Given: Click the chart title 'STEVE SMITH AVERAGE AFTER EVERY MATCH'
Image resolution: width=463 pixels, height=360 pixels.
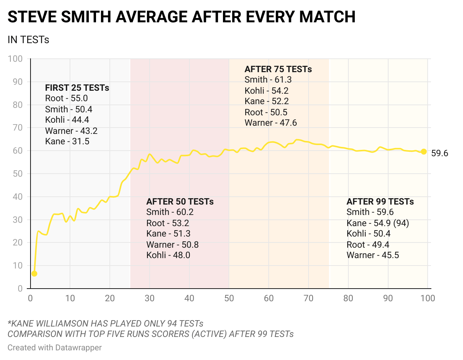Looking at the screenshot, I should tap(181, 17).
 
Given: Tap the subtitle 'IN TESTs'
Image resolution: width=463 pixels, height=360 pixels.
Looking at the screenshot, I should tap(28, 40).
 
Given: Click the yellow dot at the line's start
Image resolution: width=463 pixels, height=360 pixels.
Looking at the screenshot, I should tap(34, 274).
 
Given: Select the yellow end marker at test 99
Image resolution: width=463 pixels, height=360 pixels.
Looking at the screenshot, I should tap(424, 151).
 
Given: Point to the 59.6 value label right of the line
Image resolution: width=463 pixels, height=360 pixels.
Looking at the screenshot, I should tap(440, 153).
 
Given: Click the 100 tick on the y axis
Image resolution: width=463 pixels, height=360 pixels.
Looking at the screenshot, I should tap(15, 59).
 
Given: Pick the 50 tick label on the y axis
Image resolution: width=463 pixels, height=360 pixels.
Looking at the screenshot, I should tap(17, 174).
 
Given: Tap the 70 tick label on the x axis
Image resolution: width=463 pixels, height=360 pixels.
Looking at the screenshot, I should tap(309, 298).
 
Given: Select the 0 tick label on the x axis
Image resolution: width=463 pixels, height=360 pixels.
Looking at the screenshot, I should tap(31, 298).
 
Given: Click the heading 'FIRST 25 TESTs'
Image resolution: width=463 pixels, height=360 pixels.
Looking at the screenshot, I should tap(77, 88).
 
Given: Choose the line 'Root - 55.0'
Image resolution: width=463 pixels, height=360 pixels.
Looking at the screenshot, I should tap(66, 98).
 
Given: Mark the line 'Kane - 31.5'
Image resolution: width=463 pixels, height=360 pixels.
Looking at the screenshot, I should tap(67, 141).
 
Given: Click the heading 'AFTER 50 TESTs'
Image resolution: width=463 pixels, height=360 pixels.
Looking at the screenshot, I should tap(180, 202).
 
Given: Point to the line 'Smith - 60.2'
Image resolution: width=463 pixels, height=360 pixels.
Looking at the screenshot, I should tap(170, 212).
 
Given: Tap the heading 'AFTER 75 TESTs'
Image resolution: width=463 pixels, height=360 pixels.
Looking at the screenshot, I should tap(278, 69).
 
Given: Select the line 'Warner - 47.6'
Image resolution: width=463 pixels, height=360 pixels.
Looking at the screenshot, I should tap(271, 123).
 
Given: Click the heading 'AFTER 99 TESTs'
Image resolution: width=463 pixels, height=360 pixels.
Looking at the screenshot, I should tap(380, 202).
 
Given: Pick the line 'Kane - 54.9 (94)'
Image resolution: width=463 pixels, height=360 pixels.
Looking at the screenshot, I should tap(377, 223).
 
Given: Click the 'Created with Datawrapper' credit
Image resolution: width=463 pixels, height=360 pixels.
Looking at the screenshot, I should tap(55, 348).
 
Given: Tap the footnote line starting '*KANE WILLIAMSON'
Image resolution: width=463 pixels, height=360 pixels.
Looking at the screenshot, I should tap(105, 324).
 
